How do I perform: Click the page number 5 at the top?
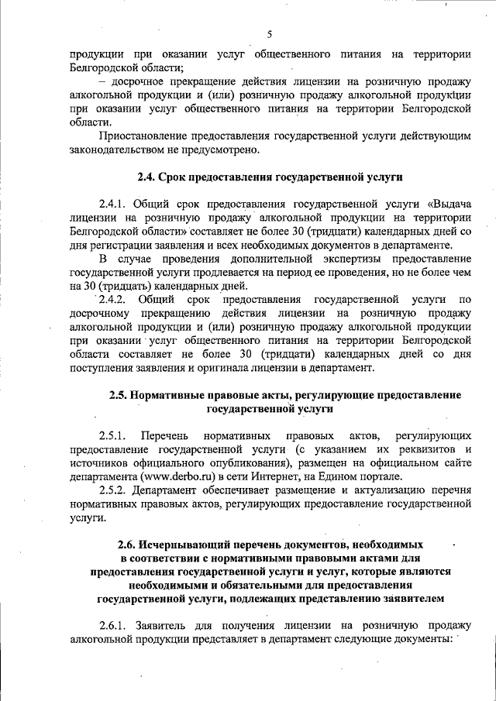tap(269, 33)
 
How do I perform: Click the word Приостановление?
tap(143, 136)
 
